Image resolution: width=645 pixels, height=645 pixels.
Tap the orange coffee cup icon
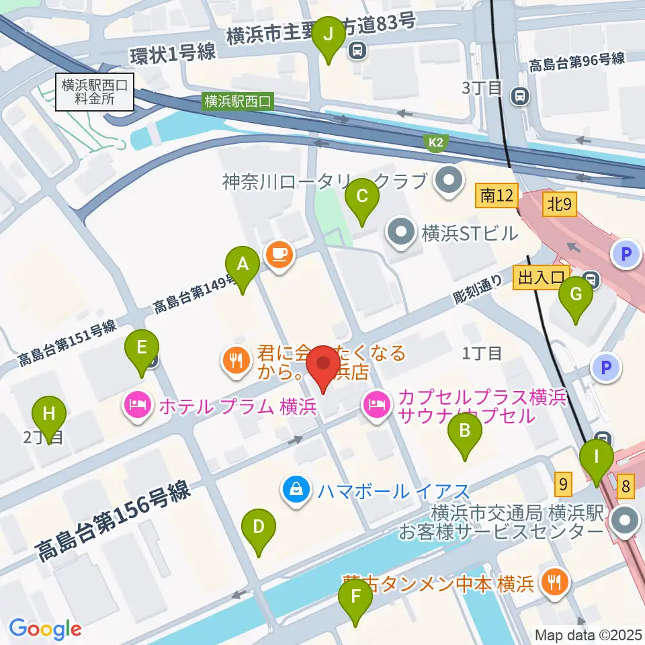coord(278,253)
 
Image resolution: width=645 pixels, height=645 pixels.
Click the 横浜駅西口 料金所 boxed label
coord(95,91)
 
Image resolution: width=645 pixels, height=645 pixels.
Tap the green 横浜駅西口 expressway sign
coord(239,101)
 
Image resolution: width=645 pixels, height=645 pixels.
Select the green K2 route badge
coord(435,142)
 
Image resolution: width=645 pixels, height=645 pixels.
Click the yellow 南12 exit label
coord(497,196)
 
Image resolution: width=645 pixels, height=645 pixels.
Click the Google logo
coord(46,629)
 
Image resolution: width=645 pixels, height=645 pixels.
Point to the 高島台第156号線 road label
coord(114,523)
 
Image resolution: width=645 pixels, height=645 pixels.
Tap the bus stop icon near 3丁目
coord(519,96)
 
